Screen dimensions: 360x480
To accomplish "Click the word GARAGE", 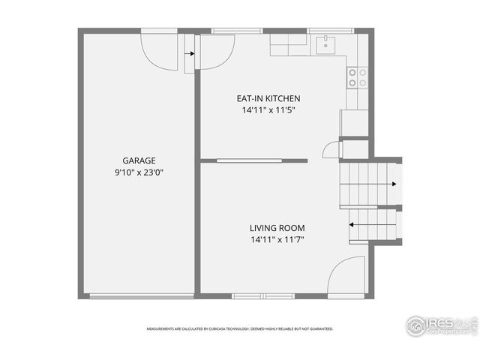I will (139, 160).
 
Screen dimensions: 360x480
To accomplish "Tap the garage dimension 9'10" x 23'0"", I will (139, 172).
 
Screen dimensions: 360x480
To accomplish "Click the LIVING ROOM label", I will (277, 228).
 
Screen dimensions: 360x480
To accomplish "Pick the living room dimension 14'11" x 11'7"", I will (277, 240).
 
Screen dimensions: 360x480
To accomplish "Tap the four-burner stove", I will (358, 76).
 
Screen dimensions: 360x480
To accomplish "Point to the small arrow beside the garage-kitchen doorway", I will (190, 54).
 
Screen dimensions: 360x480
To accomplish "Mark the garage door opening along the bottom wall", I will (140, 296).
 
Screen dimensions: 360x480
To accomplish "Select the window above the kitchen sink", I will (331, 31).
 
